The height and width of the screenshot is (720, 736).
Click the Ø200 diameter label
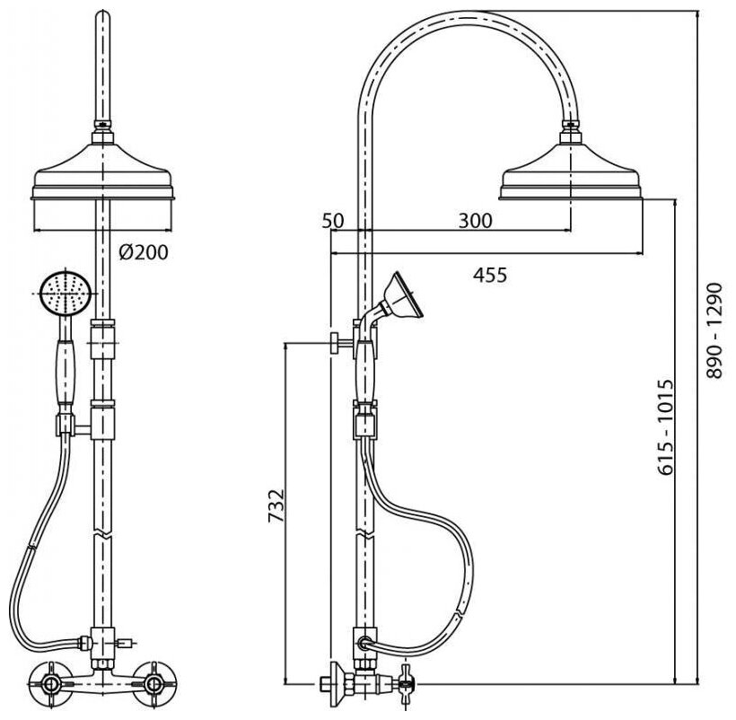point(143,253)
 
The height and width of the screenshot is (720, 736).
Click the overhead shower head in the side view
point(571,175)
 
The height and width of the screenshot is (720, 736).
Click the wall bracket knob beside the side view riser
point(336,343)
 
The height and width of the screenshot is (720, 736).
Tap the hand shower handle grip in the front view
point(65,368)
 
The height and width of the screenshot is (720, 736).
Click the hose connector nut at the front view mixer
point(83,642)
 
